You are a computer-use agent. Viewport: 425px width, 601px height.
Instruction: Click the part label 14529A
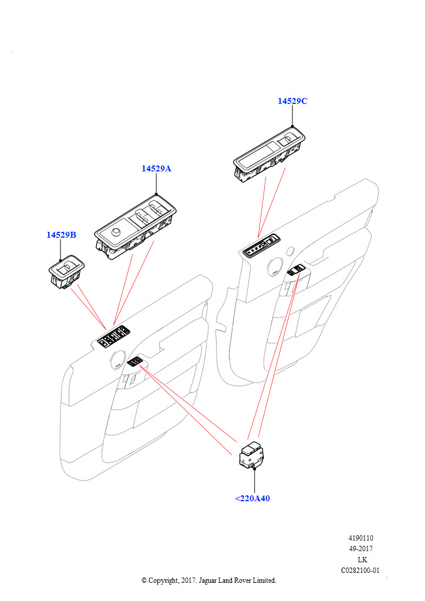(156, 169)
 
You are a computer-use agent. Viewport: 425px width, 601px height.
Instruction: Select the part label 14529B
(62, 235)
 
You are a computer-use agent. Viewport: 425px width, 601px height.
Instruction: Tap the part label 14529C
(292, 101)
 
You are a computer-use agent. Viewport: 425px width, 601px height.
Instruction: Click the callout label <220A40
(252, 499)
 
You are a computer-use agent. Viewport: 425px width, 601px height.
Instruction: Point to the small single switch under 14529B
(65, 273)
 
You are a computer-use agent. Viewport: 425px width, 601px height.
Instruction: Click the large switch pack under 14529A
(136, 229)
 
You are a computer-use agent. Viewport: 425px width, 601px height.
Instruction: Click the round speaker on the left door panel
(117, 357)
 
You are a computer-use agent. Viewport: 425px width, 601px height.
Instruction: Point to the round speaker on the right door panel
(274, 268)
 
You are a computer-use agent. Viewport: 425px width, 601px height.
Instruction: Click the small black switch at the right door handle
(295, 270)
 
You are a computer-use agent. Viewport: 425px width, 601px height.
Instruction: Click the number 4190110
(362, 538)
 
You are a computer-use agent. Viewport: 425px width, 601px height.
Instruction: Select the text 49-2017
(362, 549)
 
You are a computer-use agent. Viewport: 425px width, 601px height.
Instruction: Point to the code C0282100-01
(360, 570)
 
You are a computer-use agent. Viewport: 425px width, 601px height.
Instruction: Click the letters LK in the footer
(362, 559)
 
